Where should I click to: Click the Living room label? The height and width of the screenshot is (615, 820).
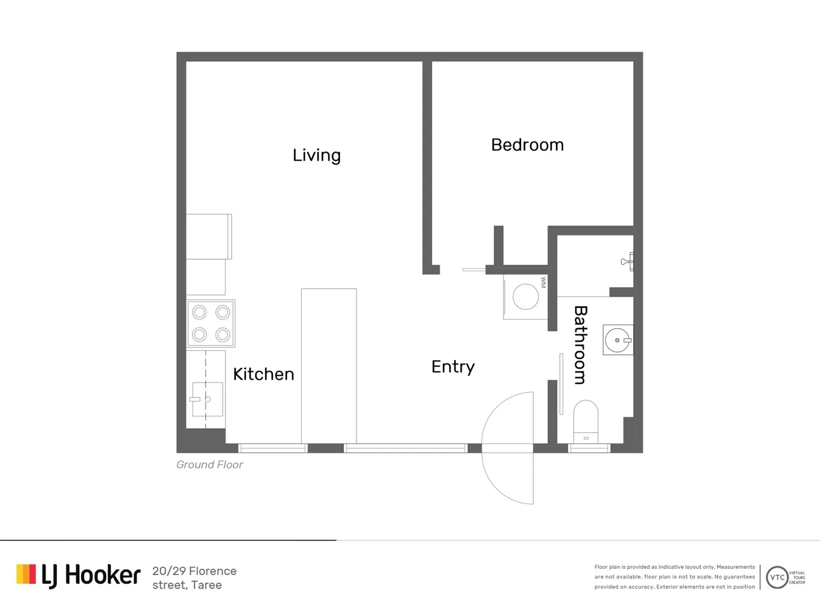click(x=317, y=155)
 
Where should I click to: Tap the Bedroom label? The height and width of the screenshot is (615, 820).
click(x=527, y=145)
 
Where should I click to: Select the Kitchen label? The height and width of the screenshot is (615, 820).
click(x=264, y=374)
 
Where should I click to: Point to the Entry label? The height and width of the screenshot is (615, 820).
click(x=453, y=367)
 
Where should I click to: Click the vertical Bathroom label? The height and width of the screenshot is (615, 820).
click(x=580, y=345)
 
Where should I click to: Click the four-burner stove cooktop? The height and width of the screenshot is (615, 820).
click(x=211, y=323)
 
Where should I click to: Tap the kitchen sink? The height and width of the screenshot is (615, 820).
click(x=207, y=399)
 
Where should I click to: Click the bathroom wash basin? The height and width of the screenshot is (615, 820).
click(x=618, y=340)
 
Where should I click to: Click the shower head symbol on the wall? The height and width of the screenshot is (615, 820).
click(x=627, y=262)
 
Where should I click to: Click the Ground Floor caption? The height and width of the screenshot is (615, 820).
click(x=210, y=465)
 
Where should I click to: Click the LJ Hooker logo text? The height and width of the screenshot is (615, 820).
click(x=91, y=575)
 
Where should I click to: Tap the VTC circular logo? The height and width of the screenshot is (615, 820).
click(x=777, y=577)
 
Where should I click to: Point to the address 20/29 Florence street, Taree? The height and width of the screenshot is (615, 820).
click(x=194, y=578)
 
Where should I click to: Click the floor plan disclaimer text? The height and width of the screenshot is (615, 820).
click(x=675, y=577)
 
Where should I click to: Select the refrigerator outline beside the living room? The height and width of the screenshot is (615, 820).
click(x=209, y=236)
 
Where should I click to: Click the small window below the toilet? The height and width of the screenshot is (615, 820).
click(x=589, y=449)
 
